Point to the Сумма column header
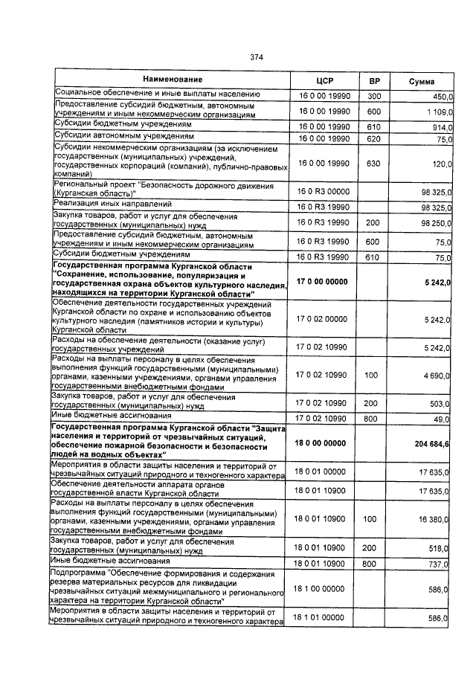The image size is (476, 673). tap(422, 81)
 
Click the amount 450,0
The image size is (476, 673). tap(443, 96)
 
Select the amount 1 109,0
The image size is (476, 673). tap(440, 112)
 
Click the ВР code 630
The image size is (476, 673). tap(374, 163)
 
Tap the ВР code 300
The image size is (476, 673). tap(374, 96)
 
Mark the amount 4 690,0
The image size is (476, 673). tap(440, 376)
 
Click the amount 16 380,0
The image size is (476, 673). tap(437, 521)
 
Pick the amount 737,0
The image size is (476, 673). tap(443, 564)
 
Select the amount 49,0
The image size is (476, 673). tap(445, 419)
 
